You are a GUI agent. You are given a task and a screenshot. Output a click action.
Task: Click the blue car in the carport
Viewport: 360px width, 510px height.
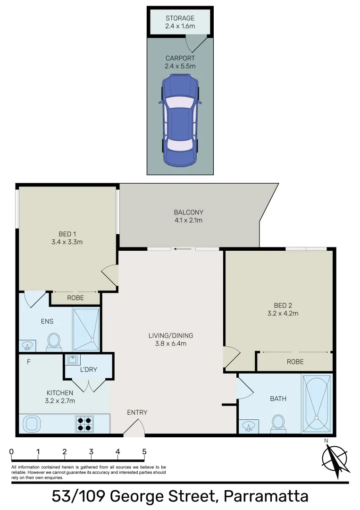click(x=180, y=121)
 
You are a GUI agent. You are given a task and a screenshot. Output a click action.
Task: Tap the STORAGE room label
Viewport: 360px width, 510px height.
click(x=180, y=18)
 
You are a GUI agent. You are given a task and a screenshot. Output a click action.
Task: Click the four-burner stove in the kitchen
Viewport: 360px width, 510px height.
click(x=85, y=424)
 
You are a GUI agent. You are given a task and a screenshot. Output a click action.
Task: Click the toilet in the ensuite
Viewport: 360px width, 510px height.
click(x=54, y=341)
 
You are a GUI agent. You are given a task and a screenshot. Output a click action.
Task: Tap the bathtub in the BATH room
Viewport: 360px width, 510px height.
click(x=317, y=404)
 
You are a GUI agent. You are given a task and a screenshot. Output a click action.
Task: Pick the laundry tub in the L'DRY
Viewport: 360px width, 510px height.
click(x=73, y=360)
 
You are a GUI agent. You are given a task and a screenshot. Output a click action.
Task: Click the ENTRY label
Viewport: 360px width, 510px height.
click(x=137, y=412)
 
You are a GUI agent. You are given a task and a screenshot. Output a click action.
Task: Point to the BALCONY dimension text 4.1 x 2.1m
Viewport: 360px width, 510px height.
click(x=188, y=220)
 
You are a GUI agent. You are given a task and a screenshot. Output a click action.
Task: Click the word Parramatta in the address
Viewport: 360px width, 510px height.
click(x=266, y=496)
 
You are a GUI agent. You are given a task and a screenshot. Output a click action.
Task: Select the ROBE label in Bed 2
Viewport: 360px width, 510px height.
click(x=295, y=362)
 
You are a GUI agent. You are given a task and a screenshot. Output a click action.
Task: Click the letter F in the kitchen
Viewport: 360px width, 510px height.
click(x=29, y=362)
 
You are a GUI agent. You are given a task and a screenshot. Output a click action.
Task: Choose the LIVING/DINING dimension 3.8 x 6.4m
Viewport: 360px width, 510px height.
click(x=171, y=343)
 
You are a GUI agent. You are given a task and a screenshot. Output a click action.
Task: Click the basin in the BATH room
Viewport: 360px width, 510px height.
click(x=249, y=426)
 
